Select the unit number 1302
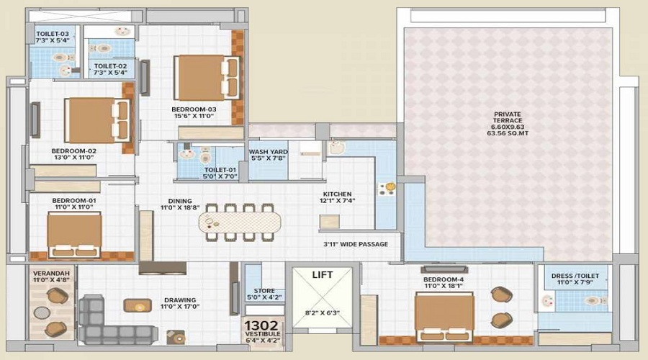pyautogui.click(x=261, y=325)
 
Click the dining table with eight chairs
pyautogui.click(x=240, y=222)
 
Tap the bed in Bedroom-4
pyautogui.click(x=444, y=315)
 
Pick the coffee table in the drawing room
pyautogui.click(x=137, y=305)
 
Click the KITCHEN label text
pyautogui.click(x=338, y=194)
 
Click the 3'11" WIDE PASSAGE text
pyautogui.click(x=356, y=244)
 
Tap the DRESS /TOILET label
pyautogui.click(x=573, y=276)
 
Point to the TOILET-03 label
pyautogui.click(x=53, y=33)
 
